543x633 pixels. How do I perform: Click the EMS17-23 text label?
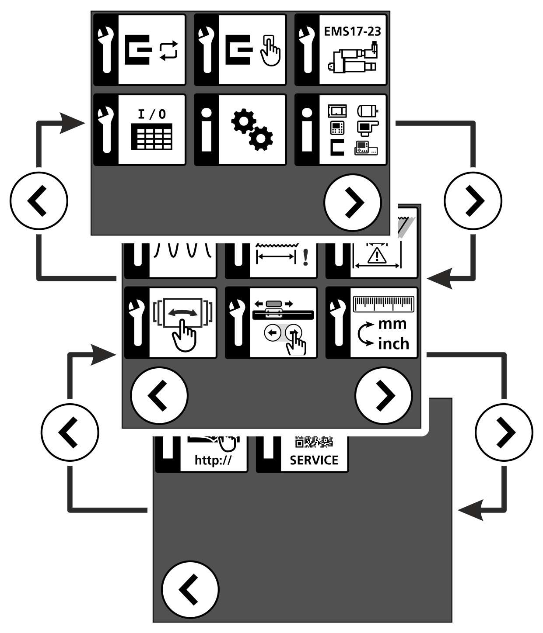click(352, 31)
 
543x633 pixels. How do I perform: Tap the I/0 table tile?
click(140, 130)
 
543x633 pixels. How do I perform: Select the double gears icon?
click(252, 130)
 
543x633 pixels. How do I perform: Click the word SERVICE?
click(314, 460)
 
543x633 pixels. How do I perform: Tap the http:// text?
click(213, 460)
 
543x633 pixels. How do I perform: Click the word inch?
click(394, 344)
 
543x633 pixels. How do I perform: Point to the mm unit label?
click(392, 324)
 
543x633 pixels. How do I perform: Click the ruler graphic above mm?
click(383, 304)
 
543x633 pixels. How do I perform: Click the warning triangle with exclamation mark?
click(377, 256)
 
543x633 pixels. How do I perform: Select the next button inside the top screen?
click(353, 203)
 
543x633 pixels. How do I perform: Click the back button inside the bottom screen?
click(190, 589)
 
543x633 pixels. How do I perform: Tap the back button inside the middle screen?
click(159, 396)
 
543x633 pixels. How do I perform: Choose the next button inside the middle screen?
click(383, 396)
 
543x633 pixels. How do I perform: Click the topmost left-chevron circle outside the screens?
click(39, 201)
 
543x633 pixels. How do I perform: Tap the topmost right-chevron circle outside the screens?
click(473, 201)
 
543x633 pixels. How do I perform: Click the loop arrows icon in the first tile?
click(168, 51)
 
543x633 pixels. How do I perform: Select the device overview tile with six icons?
click(340, 130)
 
